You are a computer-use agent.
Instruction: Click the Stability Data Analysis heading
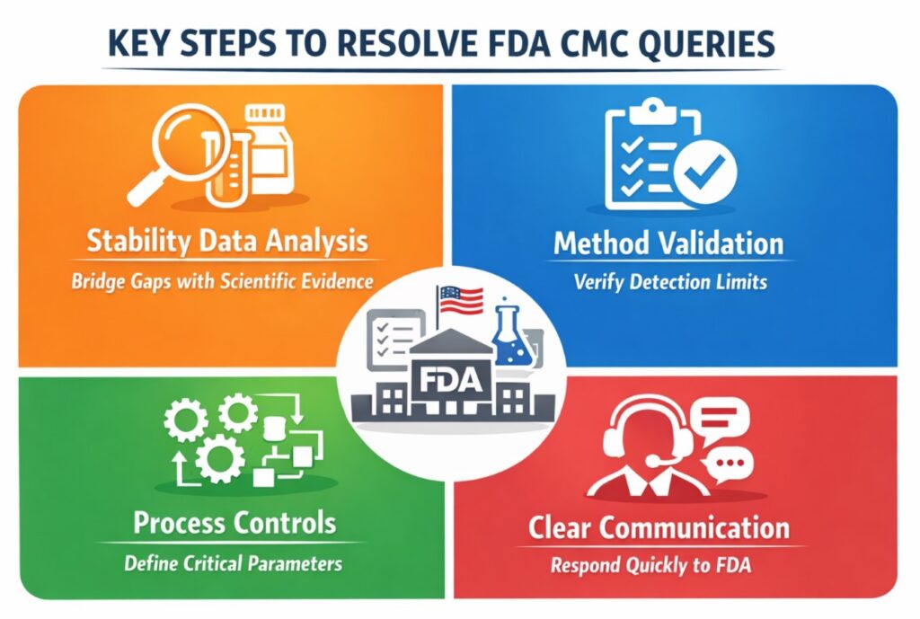226,242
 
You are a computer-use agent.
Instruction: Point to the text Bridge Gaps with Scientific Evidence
222,281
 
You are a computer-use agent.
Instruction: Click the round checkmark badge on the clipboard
704,169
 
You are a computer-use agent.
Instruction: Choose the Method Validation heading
668,243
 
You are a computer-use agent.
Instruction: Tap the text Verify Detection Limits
670,282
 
